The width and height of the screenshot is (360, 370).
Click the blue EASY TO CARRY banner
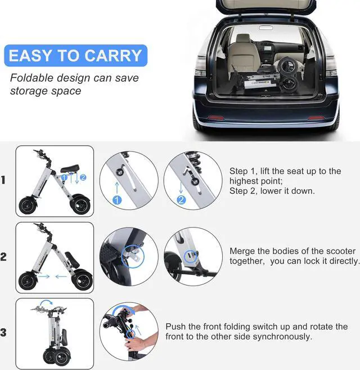[75, 56]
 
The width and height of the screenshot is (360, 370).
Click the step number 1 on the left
[3, 180]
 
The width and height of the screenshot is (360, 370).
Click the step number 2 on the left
[3, 257]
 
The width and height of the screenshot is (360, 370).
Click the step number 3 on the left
[3, 333]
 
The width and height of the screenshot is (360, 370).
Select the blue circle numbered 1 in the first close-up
[117, 199]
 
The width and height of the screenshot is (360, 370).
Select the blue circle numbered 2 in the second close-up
[181, 199]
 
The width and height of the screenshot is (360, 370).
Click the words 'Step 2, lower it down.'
[272, 191]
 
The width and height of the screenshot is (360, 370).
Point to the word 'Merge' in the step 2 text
[243, 251]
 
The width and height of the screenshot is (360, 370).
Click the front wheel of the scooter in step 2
[28, 280]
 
